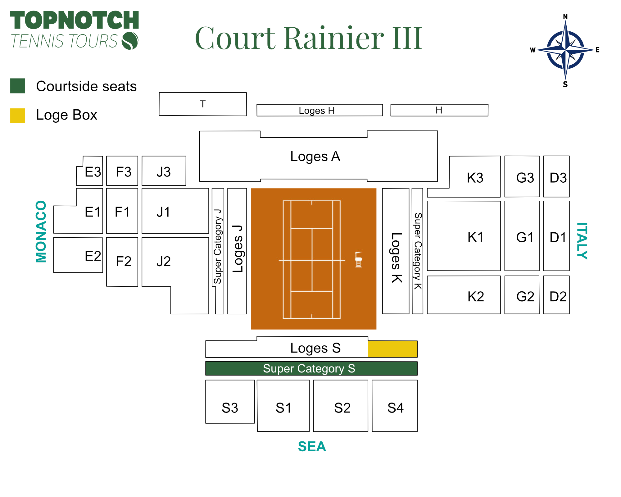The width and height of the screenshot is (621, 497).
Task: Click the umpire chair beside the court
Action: point(359,259)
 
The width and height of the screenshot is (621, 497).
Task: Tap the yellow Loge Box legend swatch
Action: point(17,116)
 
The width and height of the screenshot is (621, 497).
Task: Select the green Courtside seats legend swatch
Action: point(17,86)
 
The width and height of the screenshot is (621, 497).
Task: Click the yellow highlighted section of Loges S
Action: point(392,349)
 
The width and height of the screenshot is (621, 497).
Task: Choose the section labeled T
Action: point(203,104)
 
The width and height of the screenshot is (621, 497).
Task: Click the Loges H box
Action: point(320,110)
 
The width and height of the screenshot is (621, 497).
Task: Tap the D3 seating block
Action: point(556,176)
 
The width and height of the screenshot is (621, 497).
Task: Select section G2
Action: point(522,295)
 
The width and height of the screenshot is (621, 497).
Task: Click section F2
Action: point(122,262)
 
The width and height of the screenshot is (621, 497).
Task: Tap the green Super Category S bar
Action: point(311,368)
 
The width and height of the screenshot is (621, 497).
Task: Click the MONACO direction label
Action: point(41,231)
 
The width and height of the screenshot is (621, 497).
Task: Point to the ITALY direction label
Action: point(582,241)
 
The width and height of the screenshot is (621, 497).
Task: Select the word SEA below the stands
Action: point(312,446)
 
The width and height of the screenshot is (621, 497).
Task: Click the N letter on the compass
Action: point(565,17)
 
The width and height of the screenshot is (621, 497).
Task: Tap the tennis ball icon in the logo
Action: point(130,41)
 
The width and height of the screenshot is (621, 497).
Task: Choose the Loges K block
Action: point(396,251)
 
